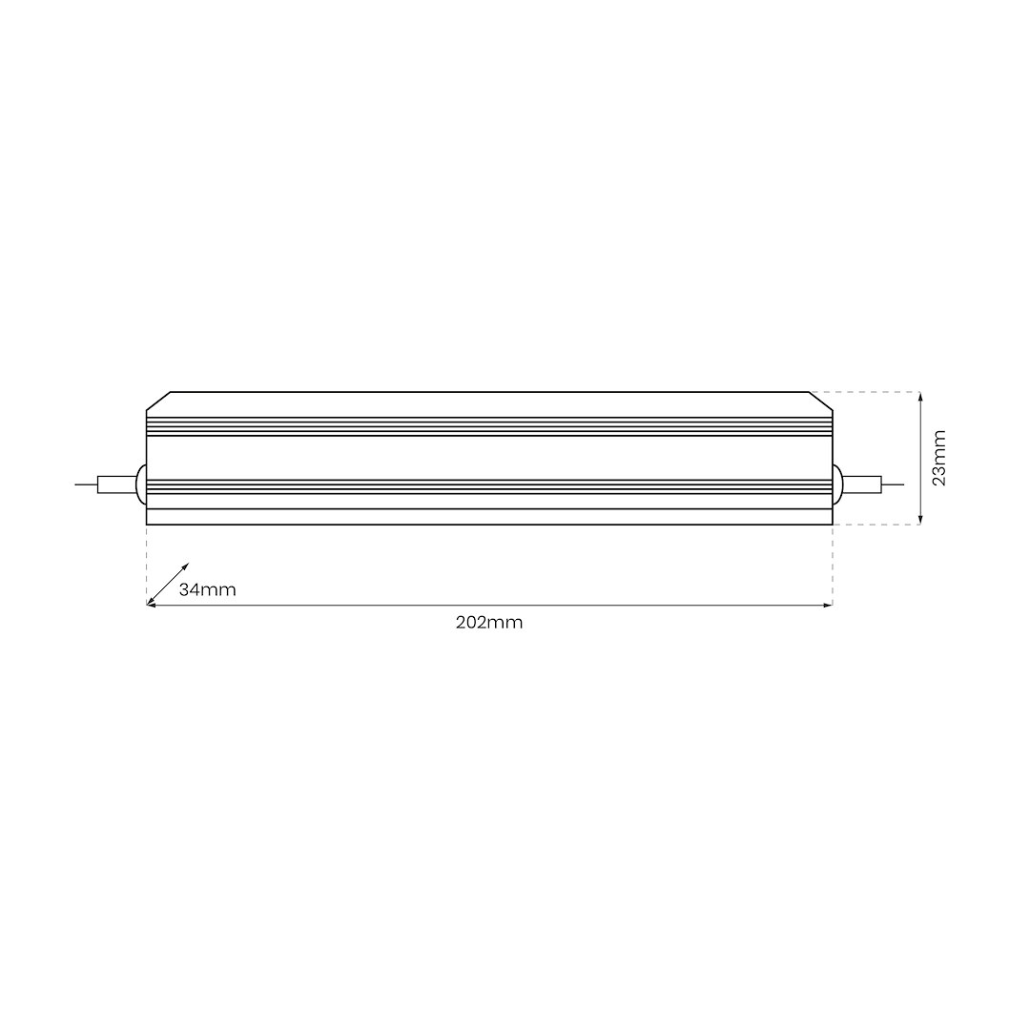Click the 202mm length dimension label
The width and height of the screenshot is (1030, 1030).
(x=489, y=623)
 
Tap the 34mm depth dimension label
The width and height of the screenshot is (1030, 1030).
(x=207, y=590)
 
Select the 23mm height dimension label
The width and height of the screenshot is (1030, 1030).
(x=939, y=458)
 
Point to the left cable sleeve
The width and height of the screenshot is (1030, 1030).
(x=116, y=484)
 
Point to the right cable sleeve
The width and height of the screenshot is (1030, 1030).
(x=861, y=484)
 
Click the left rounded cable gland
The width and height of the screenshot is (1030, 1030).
(x=141, y=484)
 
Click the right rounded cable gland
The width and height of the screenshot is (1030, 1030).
(x=836, y=484)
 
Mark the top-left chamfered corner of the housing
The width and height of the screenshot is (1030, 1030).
(x=157, y=402)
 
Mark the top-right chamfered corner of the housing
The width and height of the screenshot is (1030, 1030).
(x=820, y=402)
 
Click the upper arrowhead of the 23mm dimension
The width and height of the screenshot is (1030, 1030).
(x=919, y=396)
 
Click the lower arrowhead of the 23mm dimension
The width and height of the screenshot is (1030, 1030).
(x=919, y=520)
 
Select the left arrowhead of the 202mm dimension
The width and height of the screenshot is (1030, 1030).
(x=151, y=605)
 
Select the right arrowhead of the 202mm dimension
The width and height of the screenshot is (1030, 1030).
(x=828, y=605)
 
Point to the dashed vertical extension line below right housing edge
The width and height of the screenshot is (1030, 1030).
(x=833, y=565)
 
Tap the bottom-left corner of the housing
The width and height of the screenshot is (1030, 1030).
(x=147, y=524)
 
